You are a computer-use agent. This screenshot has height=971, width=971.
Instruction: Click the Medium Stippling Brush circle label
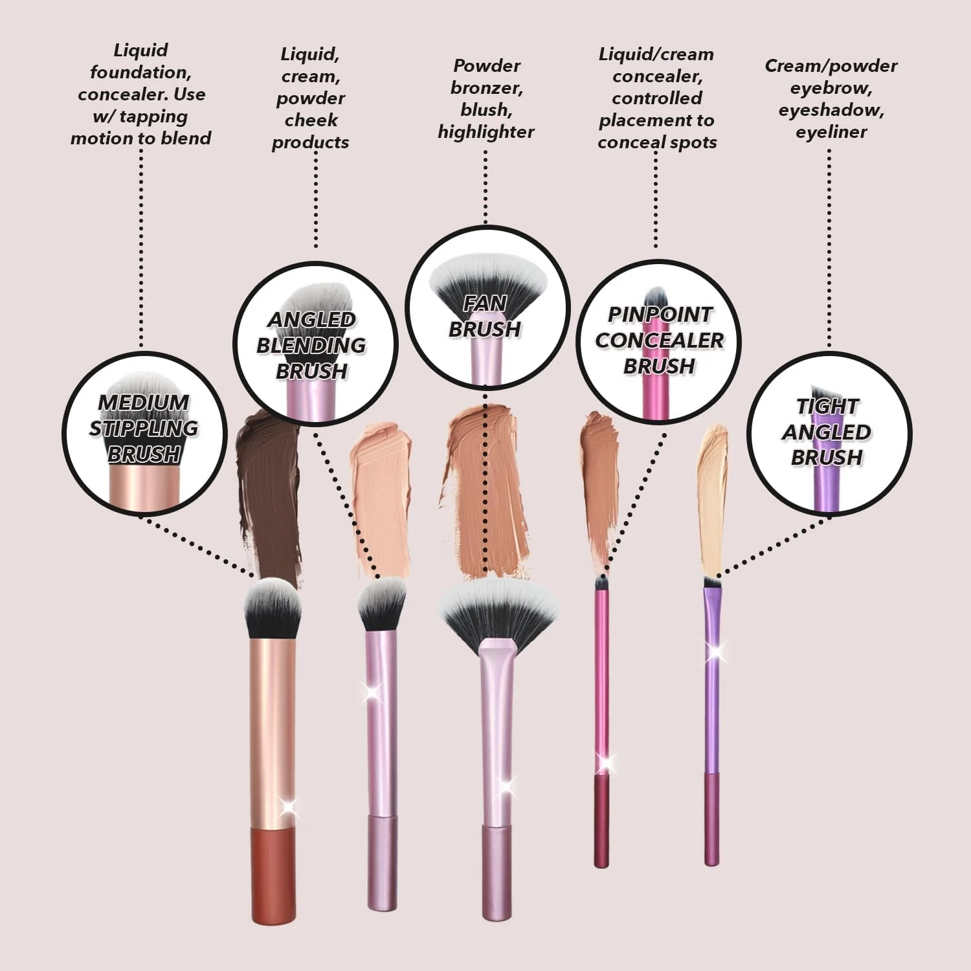click(x=144, y=433)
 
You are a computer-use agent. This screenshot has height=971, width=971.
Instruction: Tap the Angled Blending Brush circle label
click(x=315, y=344)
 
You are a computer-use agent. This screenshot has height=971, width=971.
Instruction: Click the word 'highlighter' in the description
click(x=486, y=132)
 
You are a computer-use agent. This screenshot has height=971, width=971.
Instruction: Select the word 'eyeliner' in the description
click(x=831, y=132)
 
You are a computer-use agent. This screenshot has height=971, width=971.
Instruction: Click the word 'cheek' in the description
click(x=311, y=120)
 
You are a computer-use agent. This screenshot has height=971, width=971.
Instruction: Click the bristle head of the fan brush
click(x=498, y=608)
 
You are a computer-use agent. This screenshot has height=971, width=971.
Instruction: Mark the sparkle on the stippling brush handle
click(x=287, y=807)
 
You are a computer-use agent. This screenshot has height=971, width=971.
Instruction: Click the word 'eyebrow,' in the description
click(x=831, y=88)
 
